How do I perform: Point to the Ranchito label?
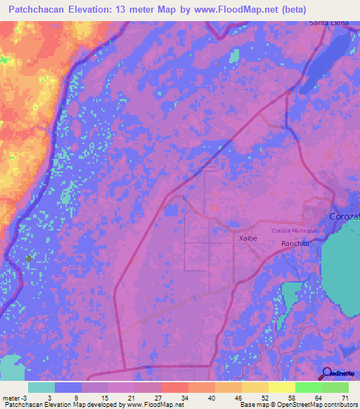(295, 243)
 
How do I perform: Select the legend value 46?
(237, 397)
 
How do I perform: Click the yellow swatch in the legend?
(281, 387)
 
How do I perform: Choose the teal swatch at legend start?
(41, 387)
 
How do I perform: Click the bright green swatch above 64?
(308, 387)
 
